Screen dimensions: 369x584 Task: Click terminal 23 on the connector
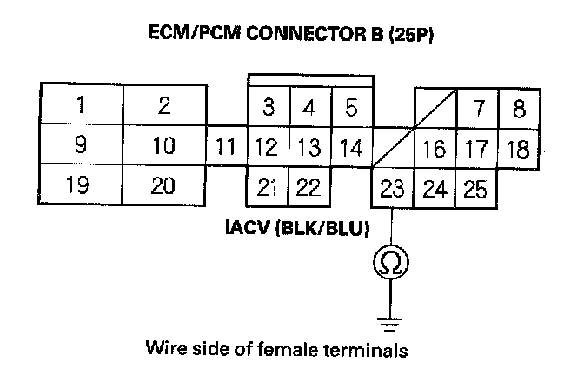(392, 189)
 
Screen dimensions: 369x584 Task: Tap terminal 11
(227, 146)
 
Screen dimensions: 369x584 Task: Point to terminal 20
(163, 185)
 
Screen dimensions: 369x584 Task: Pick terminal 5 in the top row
(352, 109)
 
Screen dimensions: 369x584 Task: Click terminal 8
(519, 110)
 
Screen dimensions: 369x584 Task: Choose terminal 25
(475, 189)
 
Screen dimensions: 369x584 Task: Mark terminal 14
(351, 147)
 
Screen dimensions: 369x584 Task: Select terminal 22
(309, 186)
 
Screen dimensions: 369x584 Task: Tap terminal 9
(80, 145)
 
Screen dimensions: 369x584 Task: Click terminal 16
(433, 149)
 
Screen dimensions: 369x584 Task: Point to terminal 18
(518, 149)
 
